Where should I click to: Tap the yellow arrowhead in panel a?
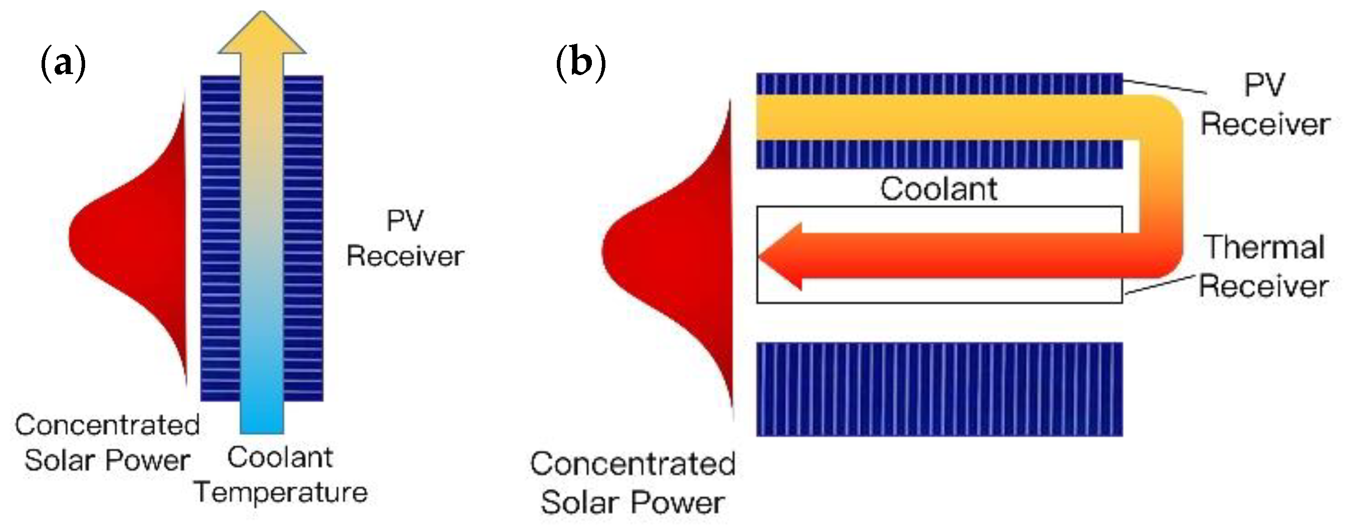coord(262,35)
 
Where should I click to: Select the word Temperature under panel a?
coord(280,492)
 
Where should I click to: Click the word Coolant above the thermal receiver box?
coord(938,189)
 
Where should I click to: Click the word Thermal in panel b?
coord(1264,247)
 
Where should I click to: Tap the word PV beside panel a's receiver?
coord(405,220)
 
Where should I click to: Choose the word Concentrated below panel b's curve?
coord(633,463)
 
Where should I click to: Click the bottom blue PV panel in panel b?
coord(939,389)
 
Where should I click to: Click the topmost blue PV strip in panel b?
coord(939,84)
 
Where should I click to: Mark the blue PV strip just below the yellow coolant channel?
coord(939,154)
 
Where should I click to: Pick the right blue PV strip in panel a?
coord(303,238)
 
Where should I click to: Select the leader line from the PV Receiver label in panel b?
coord(1165,87)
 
